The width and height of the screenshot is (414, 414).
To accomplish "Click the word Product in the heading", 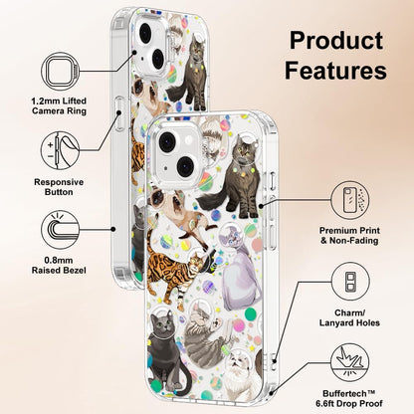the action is click(x=336, y=41).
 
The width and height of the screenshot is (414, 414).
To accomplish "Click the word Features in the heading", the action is click(x=335, y=70).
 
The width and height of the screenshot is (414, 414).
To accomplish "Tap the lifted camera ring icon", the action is click(x=61, y=71).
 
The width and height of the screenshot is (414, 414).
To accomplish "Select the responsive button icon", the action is click(x=61, y=150).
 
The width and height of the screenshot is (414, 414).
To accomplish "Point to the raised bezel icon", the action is click(x=61, y=230).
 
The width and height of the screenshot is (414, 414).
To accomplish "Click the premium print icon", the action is click(x=350, y=200).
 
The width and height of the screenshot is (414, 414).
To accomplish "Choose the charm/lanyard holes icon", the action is click(x=350, y=282).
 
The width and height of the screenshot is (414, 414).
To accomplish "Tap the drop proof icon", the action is click(x=350, y=362).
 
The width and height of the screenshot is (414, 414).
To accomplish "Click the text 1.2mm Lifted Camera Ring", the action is click(x=59, y=105).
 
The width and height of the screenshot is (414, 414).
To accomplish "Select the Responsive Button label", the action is click(x=59, y=187).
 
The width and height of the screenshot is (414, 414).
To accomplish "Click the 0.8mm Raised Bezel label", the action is click(x=59, y=266).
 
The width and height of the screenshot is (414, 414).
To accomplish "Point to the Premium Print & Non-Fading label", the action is click(x=349, y=235).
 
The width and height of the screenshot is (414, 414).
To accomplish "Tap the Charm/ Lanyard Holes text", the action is click(x=349, y=317).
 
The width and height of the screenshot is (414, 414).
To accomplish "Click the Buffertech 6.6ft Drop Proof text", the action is click(x=349, y=398).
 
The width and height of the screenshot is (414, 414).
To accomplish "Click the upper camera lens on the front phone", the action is click(x=167, y=141).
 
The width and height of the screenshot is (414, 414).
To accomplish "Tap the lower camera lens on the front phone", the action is click(x=185, y=166).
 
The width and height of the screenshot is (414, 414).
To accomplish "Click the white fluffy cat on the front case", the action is click(x=241, y=376).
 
